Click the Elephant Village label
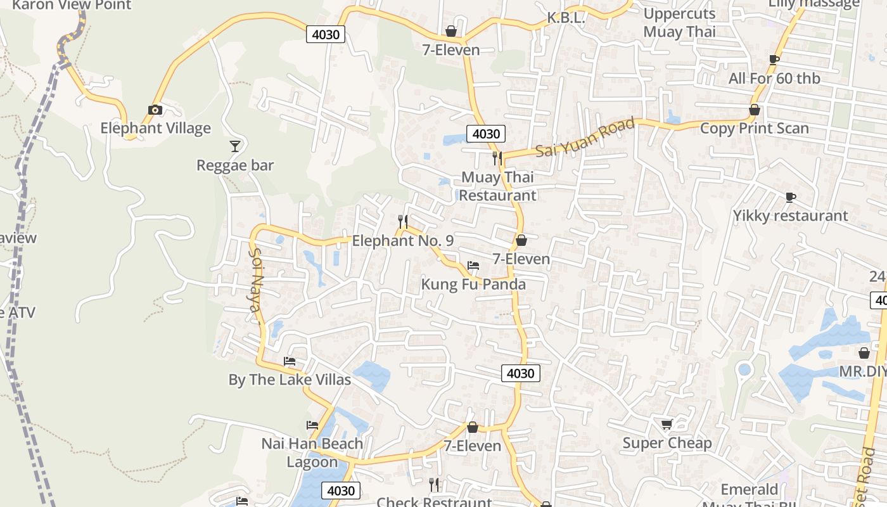(x=155, y=128)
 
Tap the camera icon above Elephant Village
(x=155, y=110)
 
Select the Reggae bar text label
(x=235, y=165)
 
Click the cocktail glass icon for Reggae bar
(x=235, y=146)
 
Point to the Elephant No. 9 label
(x=403, y=241)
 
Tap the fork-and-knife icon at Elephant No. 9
(x=402, y=221)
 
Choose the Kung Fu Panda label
(x=473, y=284)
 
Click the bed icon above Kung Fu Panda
(x=473, y=265)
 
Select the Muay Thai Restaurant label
(x=497, y=186)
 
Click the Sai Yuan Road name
(x=585, y=138)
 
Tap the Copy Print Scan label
(x=754, y=128)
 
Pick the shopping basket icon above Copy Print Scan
(x=755, y=110)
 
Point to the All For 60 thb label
(x=774, y=79)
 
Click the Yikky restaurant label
(x=790, y=215)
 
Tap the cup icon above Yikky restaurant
(x=790, y=197)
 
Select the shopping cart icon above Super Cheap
(x=667, y=424)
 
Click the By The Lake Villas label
(x=290, y=380)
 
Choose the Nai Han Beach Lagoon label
(x=312, y=452)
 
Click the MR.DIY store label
(x=863, y=371)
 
